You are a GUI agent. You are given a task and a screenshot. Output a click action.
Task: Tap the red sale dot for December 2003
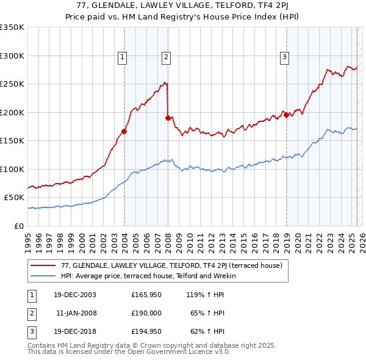tap(124, 131)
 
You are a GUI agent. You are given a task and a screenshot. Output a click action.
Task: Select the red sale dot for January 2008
tap(168, 117)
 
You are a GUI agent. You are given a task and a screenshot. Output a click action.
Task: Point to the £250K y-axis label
tap(12, 84)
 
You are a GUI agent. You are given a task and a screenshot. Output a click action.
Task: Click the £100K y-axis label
tap(12, 169)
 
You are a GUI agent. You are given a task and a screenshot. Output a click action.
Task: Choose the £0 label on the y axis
tap(19, 226)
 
